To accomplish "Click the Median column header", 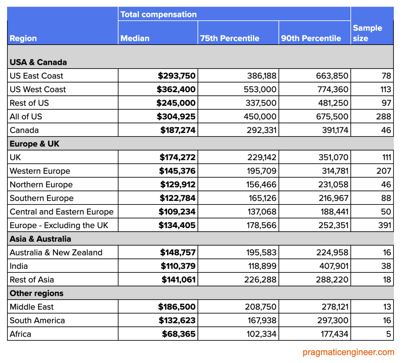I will [x=135, y=38].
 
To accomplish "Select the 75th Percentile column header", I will [x=229, y=38].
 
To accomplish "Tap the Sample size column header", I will [x=367, y=33].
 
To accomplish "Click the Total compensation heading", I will [x=158, y=14].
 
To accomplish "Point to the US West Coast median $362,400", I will [x=176, y=89].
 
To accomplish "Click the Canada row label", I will [x=24, y=130].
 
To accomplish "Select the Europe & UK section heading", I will [x=34, y=144].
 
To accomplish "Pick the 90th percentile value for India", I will [x=334, y=266].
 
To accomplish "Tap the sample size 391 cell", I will [x=384, y=225].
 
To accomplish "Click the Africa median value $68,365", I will [x=179, y=334].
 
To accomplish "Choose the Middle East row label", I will [x=32, y=307].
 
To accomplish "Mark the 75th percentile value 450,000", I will [x=260, y=116].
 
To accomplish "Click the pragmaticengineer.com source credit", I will [x=348, y=352].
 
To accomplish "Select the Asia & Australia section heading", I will [x=40, y=239].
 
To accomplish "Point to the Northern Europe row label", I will [x=41, y=185].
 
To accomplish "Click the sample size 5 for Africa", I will [x=388, y=334].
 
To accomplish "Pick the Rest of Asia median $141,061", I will [x=179, y=280].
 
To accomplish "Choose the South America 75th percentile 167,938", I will [x=262, y=320].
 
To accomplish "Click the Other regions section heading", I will [x=36, y=293].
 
